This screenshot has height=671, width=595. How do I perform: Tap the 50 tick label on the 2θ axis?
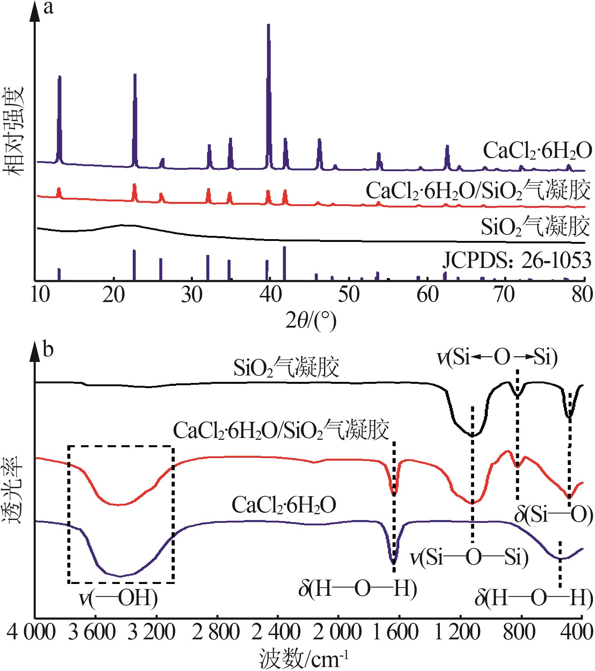(348, 296)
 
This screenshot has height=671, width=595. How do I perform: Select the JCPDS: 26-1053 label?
(517, 261)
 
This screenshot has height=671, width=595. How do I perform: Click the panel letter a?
(49, 8)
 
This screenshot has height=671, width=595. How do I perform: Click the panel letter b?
(49, 349)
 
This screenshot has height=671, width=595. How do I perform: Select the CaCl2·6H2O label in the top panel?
(537, 151)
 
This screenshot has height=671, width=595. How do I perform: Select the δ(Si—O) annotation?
(553, 515)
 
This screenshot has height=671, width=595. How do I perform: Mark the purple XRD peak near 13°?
(59, 77)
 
